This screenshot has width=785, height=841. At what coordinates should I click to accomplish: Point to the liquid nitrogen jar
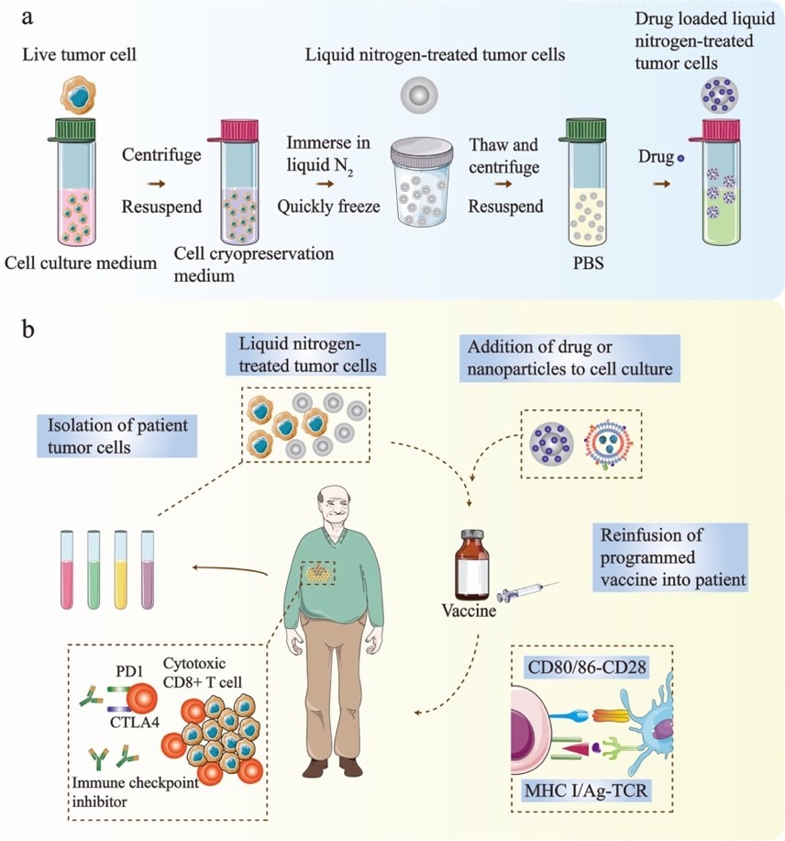422,178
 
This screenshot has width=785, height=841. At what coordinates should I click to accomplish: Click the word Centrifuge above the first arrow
161,155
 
